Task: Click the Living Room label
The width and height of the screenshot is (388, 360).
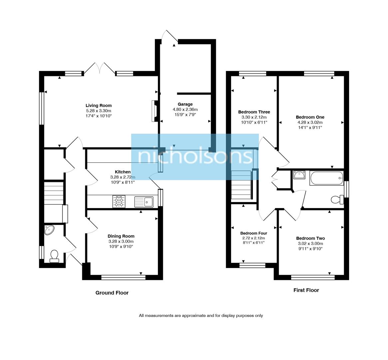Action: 98,106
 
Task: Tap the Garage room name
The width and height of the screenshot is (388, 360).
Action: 185,104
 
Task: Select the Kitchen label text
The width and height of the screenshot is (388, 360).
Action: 123,172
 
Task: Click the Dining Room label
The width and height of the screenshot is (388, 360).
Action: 121,236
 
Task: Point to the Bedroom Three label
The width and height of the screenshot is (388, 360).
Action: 254,112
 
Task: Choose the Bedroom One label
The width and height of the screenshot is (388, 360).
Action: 310,117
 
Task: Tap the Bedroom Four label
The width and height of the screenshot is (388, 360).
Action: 253,233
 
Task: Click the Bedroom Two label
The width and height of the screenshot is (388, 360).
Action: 310,238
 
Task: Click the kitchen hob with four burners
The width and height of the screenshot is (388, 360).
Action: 119,202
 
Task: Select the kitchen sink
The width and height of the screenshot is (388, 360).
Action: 144,202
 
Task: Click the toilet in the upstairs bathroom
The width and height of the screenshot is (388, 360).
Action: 337,200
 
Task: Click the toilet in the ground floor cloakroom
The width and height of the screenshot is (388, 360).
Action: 54,256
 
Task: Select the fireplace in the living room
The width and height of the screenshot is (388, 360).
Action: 154,112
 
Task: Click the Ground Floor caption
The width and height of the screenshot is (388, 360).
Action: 112,293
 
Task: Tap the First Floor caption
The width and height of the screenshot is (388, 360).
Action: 306,290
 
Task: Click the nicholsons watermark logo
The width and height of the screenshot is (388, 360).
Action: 195,157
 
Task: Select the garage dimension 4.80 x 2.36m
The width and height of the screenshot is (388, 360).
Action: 185,110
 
